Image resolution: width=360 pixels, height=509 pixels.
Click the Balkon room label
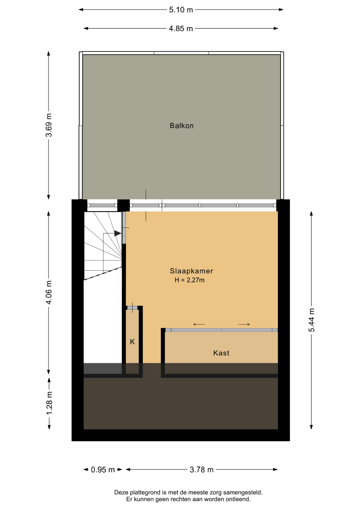point(182,126)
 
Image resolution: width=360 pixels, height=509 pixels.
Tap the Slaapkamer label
point(191,271)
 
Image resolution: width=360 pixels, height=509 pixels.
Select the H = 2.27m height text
point(190,280)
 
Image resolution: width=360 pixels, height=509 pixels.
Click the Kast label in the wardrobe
point(221,353)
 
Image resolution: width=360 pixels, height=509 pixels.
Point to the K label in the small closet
point(132,342)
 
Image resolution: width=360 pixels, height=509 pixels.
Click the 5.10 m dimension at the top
point(181,10)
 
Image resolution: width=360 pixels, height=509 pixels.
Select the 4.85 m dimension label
point(181,28)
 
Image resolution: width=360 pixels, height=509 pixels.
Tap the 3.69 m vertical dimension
point(49,125)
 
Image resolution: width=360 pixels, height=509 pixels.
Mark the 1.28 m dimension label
point(49,403)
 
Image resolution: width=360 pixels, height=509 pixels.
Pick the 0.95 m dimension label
point(103,470)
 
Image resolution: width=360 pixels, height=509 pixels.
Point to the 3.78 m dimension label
point(201,470)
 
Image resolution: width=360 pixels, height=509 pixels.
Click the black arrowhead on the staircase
point(118,233)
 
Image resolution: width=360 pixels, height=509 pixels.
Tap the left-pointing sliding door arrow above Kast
point(199,324)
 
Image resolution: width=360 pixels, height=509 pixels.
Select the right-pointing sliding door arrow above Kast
point(244,324)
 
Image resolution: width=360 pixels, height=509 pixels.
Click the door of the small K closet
point(132,308)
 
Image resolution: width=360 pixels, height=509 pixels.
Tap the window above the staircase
point(102,205)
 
